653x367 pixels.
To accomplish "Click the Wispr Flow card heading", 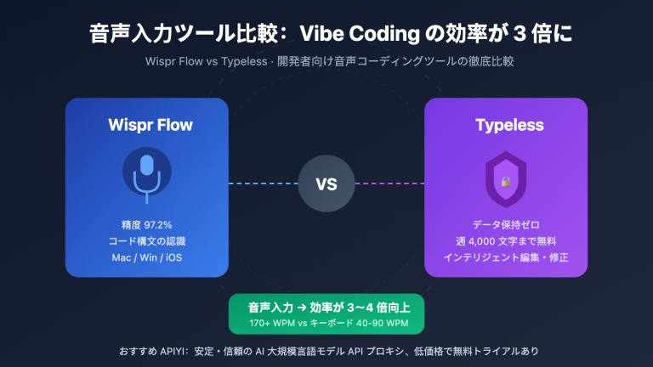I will (x=150, y=126).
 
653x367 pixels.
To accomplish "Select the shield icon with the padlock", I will (x=505, y=179).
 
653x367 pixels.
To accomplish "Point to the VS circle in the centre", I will (x=326, y=183).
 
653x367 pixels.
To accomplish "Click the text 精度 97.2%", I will (x=147, y=225).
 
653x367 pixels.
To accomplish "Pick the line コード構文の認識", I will (x=147, y=241).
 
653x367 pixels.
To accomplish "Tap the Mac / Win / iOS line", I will (x=147, y=257).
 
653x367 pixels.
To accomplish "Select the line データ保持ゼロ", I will (x=505, y=225).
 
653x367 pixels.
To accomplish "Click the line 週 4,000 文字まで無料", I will (x=505, y=241).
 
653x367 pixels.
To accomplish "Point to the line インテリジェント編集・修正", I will (x=505, y=257).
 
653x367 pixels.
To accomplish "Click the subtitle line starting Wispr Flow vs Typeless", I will (x=326, y=62).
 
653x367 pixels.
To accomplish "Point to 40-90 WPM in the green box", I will (x=383, y=325).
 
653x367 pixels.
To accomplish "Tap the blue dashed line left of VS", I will (x=263, y=183).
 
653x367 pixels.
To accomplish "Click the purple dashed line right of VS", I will (x=389, y=183).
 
